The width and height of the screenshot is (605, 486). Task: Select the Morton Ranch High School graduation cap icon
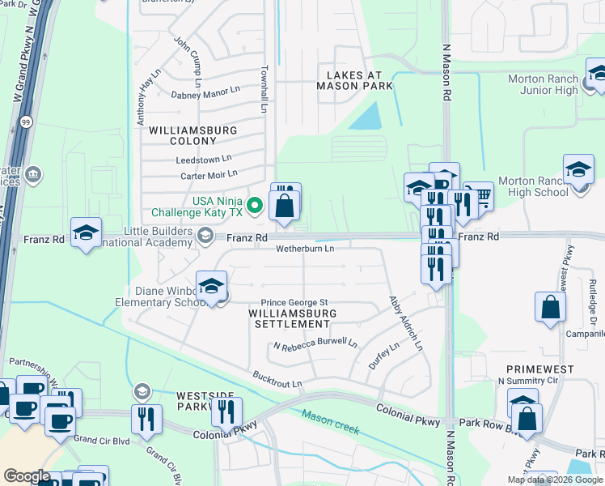(x=578, y=170)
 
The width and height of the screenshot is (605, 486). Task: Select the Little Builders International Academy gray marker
(x=205, y=236)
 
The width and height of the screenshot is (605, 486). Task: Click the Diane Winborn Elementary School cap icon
(x=211, y=287)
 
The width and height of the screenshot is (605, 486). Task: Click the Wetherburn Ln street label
(x=304, y=249)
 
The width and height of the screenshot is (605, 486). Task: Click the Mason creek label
(x=331, y=421)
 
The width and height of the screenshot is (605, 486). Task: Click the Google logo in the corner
(x=27, y=476)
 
